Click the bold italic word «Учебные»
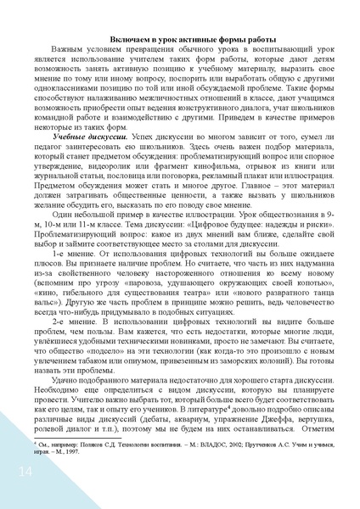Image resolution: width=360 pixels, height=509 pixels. [73, 159]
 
